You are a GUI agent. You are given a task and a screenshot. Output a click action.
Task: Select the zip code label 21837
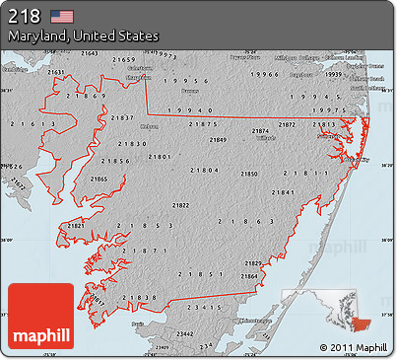pos(123,118)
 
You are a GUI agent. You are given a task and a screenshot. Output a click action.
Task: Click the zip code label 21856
pos(116,160)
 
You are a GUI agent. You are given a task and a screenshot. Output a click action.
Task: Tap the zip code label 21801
pos(161,158)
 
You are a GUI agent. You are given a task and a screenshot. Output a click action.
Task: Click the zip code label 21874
pos(260,131)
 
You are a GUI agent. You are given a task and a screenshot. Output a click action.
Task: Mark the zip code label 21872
pos(287,125)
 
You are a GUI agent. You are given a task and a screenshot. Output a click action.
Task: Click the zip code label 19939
pos(334,74)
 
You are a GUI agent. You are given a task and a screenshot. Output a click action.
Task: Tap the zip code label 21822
pos(181,205)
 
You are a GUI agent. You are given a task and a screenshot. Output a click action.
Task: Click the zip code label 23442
pos(184,334)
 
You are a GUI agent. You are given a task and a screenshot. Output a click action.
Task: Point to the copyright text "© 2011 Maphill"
pos(354,347)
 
